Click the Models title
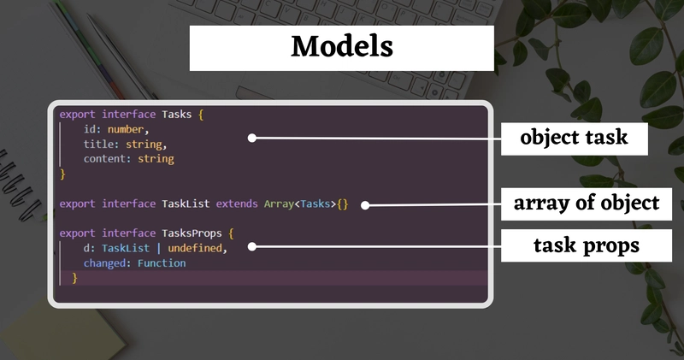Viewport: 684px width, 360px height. (341, 47)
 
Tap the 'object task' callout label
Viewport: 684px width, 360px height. (574, 138)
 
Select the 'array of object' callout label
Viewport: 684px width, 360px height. (586, 203)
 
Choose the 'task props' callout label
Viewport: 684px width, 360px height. (574, 246)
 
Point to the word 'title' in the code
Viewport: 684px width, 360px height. (97, 144)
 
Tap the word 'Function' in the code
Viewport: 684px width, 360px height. (162, 263)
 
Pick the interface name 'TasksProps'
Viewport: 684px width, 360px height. (192, 233)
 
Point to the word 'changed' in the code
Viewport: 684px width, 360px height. (104, 263)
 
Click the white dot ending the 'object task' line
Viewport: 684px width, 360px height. (252, 137)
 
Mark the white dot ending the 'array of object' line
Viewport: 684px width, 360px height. (365, 204)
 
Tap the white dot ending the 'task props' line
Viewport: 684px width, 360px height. (252, 247)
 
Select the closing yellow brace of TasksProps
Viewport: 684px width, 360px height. (74, 278)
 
